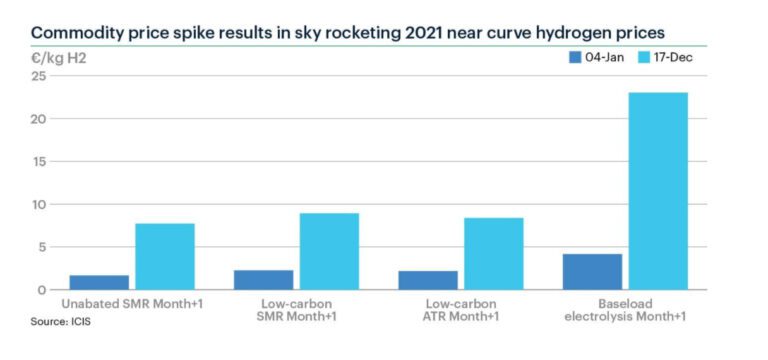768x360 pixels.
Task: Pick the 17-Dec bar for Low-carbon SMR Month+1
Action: (x=330, y=251)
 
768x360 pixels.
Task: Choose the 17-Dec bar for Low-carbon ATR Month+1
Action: (x=494, y=254)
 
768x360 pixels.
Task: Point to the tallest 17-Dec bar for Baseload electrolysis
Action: (x=658, y=191)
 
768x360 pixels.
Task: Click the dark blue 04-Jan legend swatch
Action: (x=575, y=57)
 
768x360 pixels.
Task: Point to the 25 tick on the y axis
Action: (x=39, y=76)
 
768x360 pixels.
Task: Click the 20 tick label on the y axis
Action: (x=39, y=119)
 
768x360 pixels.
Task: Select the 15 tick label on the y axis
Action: (x=39, y=162)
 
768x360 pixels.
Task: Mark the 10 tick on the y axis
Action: (x=39, y=204)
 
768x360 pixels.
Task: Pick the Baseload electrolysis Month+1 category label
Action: (x=624, y=310)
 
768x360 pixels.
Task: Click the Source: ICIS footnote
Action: (x=59, y=323)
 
